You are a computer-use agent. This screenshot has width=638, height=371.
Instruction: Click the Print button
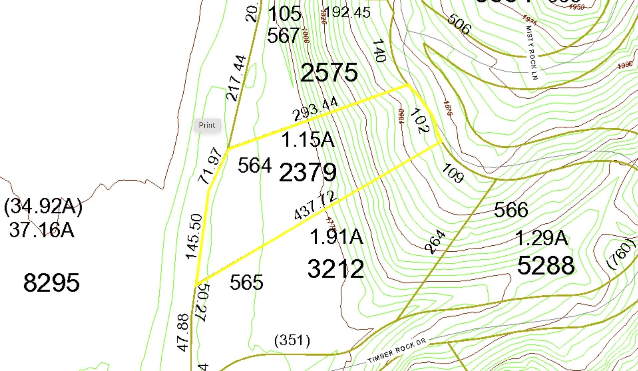coord(207,125)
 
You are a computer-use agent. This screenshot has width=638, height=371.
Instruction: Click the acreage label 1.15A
coord(308,140)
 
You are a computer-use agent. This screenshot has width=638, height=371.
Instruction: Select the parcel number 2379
coord(308,172)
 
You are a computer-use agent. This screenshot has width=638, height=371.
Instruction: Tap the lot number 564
coord(254,165)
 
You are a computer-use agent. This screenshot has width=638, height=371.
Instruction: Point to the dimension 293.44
coord(315,109)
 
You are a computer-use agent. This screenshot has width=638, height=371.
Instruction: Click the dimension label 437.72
coord(315,206)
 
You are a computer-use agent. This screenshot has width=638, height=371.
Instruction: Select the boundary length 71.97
coord(210,165)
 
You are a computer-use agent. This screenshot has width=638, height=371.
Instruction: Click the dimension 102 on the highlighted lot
coord(420,121)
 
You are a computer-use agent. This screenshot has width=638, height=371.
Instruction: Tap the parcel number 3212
coord(336,269)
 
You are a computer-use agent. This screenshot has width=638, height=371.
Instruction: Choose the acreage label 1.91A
coord(336,237)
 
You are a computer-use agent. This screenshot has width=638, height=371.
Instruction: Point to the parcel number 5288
coord(546,265)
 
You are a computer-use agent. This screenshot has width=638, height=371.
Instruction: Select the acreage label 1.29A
coord(542,238)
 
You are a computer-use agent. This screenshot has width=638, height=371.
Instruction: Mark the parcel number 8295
coord(52,283)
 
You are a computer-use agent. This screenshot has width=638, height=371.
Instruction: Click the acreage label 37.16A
coord(42,230)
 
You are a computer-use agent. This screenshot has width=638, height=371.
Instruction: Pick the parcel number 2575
coord(329,73)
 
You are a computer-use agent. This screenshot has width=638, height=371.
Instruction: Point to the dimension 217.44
coord(237,78)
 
